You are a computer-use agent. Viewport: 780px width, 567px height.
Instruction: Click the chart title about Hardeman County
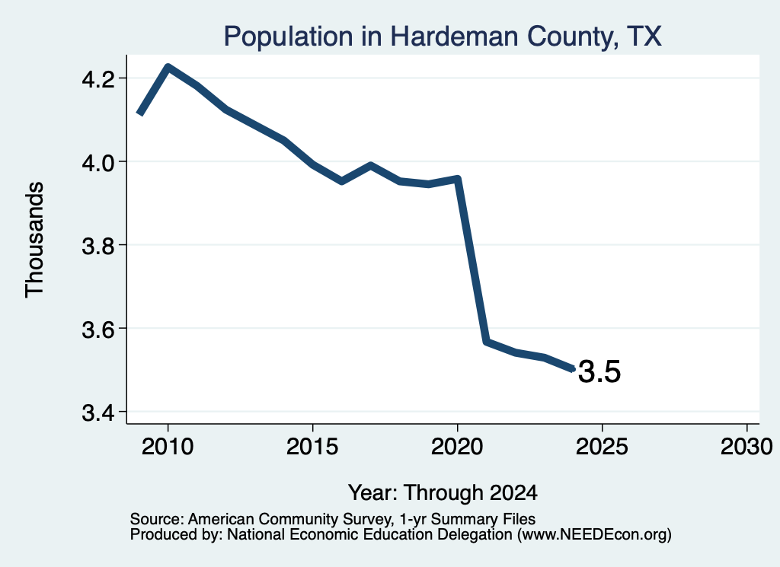tap(443, 37)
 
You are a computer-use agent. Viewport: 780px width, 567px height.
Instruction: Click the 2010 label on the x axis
tap(168, 446)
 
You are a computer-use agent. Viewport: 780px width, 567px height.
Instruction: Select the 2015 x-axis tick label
tap(312, 446)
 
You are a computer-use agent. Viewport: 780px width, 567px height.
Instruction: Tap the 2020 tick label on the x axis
tap(457, 446)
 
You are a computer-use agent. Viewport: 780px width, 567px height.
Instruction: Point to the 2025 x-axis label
tap(602, 446)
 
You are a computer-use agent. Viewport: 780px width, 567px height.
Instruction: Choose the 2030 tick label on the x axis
tap(746, 446)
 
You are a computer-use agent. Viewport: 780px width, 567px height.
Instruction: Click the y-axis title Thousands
tap(34, 240)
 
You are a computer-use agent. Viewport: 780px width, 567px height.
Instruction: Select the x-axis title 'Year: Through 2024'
tap(443, 492)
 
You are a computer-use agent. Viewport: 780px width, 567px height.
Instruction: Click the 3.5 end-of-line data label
tap(599, 371)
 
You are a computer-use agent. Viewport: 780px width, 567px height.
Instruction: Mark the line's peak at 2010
tap(168, 67)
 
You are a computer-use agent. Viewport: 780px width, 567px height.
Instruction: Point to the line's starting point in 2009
tap(140, 113)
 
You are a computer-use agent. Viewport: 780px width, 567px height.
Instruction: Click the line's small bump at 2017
tap(371, 165)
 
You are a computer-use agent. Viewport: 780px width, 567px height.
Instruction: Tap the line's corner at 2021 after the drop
tap(487, 342)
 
